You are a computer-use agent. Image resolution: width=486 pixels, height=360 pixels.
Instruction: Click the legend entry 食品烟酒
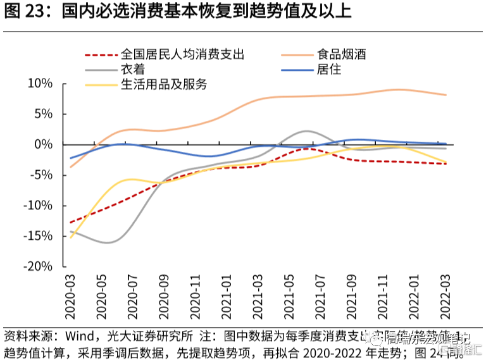342,54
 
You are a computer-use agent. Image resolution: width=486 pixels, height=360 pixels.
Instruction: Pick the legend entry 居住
328,69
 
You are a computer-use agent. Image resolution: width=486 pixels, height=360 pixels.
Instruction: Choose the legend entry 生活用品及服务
163,84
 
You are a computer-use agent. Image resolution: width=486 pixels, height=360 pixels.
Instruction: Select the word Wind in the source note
75,336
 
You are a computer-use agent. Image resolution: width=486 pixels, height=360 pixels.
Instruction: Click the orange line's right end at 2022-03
446,95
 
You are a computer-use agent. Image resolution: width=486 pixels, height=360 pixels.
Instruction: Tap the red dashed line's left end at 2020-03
70,223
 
